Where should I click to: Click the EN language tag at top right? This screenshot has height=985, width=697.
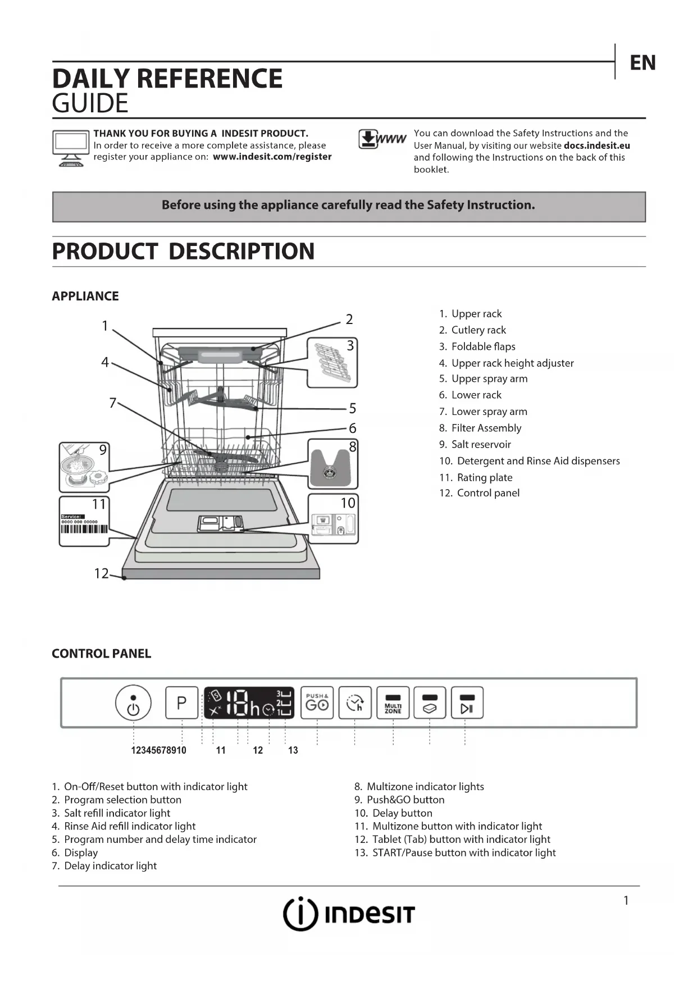(643, 63)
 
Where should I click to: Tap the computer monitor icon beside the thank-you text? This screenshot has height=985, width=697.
(71, 148)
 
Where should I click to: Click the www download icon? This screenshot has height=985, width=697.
(382, 139)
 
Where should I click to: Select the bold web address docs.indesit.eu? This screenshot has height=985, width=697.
(596, 145)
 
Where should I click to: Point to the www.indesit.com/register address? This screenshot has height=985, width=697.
(272, 157)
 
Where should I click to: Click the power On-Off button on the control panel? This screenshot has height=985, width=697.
(133, 703)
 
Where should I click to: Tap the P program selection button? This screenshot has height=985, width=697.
(181, 703)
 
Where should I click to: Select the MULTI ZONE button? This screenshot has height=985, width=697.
(393, 703)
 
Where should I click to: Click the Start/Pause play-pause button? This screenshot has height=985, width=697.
(467, 703)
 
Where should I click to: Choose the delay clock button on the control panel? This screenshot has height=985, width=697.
(355, 703)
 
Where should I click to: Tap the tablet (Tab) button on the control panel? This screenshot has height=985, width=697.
(430, 703)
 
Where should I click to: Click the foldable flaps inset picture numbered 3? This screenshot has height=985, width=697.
(332, 363)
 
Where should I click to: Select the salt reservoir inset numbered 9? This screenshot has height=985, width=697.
(84, 467)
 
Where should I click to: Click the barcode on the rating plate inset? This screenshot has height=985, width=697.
(84, 530)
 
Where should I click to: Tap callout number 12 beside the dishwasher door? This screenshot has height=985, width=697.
(101, 573)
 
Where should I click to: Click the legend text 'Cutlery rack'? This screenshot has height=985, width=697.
(479, 330)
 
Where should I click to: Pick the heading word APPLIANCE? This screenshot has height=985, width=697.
(85, 296)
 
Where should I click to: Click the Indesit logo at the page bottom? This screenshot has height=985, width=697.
(348, 914)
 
